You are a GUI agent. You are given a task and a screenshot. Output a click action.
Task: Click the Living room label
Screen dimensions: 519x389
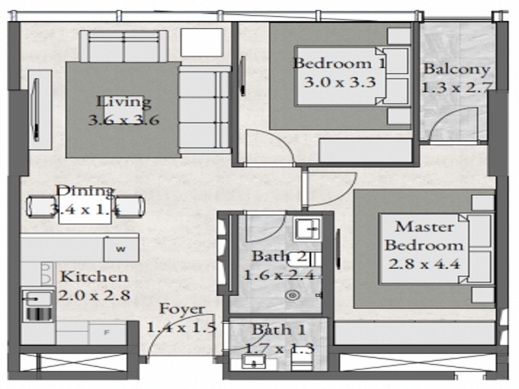click(124, 102)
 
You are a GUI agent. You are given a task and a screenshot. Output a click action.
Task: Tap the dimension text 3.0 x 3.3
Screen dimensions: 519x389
click(340, 83)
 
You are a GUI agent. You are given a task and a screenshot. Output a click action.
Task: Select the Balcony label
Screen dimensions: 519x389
click(456, 69)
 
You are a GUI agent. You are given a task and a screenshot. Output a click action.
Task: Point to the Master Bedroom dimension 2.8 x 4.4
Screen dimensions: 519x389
click(424, 264)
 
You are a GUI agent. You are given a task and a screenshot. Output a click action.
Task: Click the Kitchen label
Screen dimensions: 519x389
click(94, 277)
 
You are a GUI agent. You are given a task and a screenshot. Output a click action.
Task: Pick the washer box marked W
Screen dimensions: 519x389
click(121, 249)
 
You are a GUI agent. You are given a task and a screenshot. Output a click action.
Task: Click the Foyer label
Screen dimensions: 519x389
click(182, 309)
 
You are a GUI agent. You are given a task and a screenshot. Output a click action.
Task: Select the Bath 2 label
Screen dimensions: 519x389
click(279, 256)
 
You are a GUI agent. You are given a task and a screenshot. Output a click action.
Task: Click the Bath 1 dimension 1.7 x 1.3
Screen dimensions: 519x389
click(279, 348)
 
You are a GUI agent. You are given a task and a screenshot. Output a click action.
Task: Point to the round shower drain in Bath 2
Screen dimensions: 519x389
click(293, 295)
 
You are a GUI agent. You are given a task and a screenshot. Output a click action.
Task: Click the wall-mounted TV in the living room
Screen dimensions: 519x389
click(36, 110)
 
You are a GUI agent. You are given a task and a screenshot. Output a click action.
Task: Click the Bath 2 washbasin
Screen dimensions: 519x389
click(307, 229)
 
